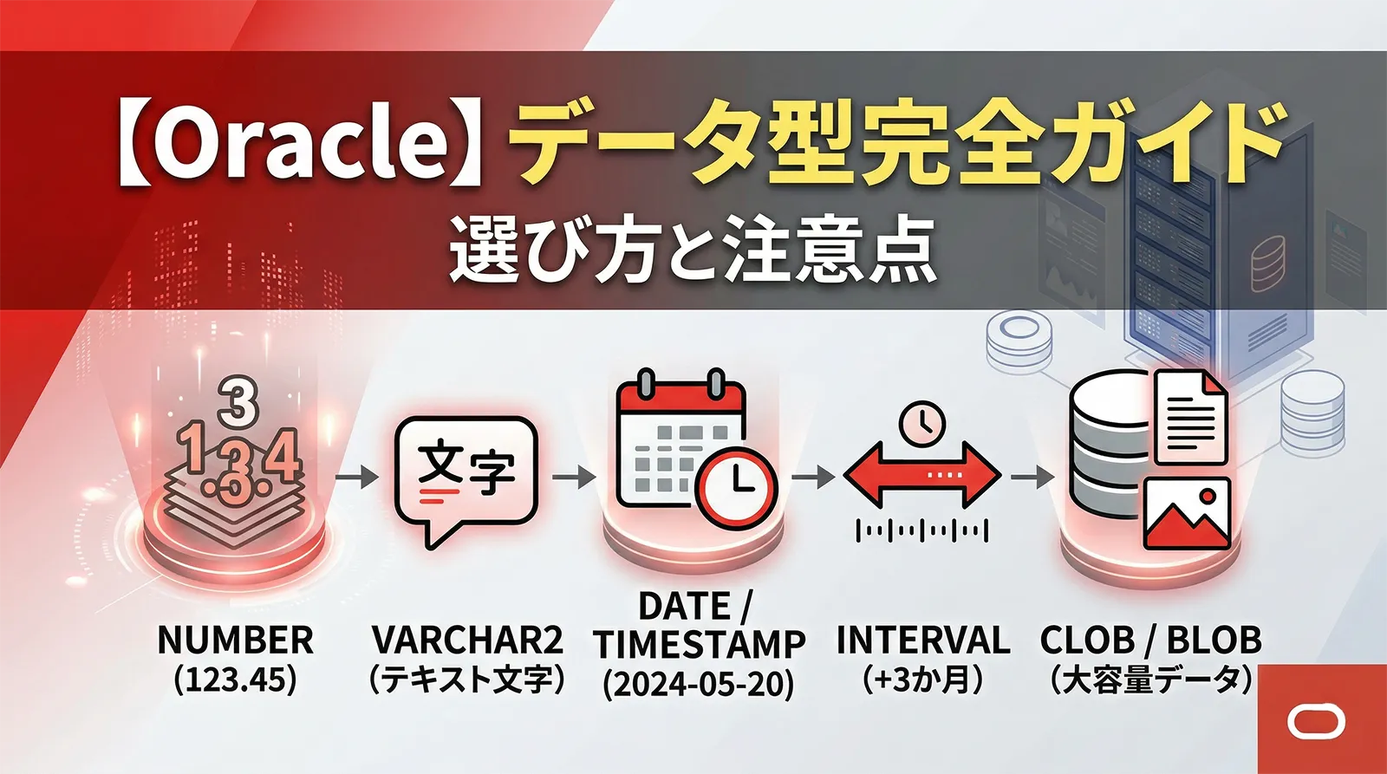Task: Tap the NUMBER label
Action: point(235,641)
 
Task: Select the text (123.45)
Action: point(235,680)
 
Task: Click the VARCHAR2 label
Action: point(467,641)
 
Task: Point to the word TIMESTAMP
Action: point(700,645)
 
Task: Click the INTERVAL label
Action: point(923,641)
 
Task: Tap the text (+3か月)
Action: point(923,680)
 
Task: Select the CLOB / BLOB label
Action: point(1150,641)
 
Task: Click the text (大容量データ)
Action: point(1150,680)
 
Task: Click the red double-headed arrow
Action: point(922,475)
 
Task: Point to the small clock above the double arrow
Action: point(921,423)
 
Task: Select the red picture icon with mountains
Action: point(1187,512)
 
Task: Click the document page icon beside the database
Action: point(1191,416)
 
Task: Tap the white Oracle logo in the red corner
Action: point(1316,722)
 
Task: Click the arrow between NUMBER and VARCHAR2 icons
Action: point(357,476)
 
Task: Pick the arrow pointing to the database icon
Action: point(1032,476)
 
